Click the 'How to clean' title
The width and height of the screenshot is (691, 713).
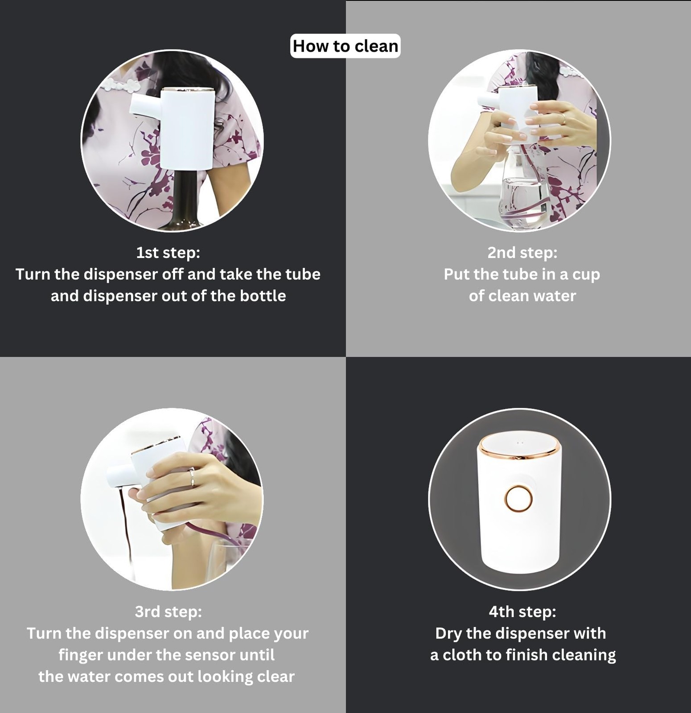tap(345, 46)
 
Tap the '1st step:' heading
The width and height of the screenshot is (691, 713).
tap(168, 253)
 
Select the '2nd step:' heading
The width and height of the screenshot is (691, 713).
tap(522, 253)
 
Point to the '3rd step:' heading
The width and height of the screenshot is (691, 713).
tap(168, 611)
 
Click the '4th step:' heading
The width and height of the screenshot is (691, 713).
tap(522, 611)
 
